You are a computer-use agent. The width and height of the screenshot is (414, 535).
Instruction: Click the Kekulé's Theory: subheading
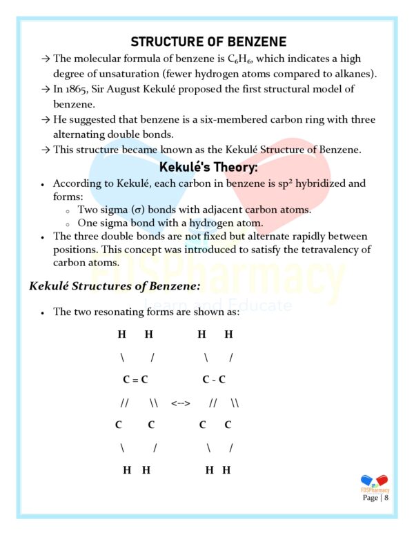[x=208, y=168]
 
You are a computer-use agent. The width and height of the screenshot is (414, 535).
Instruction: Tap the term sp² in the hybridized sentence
[x=277, y=183]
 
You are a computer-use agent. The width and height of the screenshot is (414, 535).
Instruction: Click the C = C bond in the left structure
[x=136, y=379]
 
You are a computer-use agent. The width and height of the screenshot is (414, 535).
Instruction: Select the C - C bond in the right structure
[x=214, y=379]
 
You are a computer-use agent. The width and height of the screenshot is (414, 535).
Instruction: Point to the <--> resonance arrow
[x=181, y=402]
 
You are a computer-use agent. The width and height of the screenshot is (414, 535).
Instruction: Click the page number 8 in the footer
[x=387, y=497]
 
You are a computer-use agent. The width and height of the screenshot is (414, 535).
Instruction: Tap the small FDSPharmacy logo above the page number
[x=375, y=482]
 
